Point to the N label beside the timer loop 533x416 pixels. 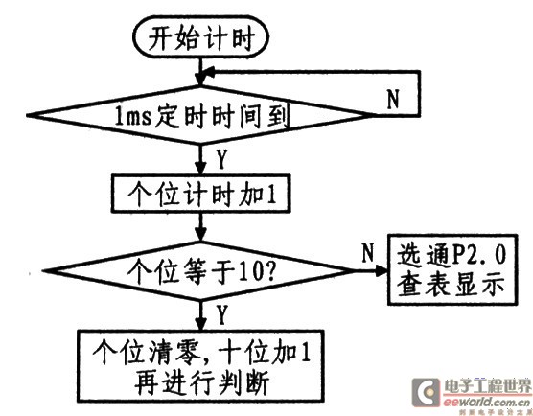coord(393,99)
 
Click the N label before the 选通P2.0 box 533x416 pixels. coord(368,252)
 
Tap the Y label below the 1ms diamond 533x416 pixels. coord(221,160)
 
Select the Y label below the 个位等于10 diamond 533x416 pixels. coord(221,314)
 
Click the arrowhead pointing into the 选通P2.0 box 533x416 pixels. coord(382,271)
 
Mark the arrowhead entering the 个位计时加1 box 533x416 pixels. coord(201,169)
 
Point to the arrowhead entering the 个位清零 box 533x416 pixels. coord(201,324)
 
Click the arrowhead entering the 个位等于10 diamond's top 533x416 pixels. coord(201,235)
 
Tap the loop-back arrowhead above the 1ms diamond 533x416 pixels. coord(207,72)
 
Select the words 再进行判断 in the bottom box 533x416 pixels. coord(202,383)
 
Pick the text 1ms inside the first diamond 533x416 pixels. coord(133,116)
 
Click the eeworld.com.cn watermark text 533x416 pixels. coord(486,402)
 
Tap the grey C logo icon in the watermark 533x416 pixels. coord(426,392)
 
